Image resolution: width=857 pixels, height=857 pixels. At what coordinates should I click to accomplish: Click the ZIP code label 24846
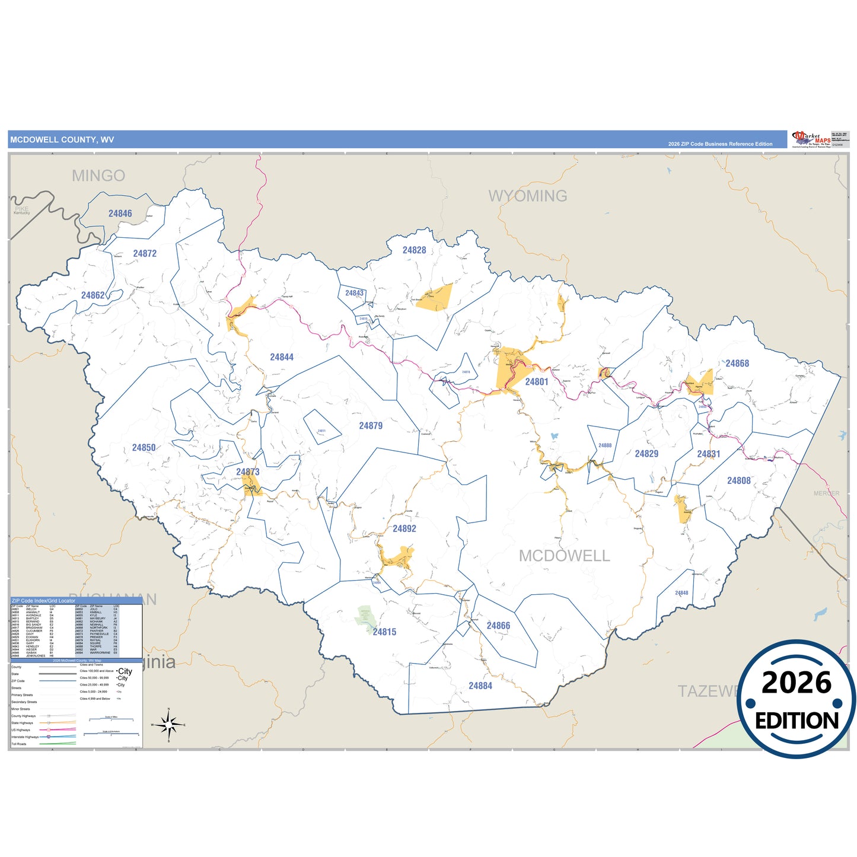(120, 214)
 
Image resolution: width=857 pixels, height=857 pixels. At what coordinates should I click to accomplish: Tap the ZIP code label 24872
(145, 254)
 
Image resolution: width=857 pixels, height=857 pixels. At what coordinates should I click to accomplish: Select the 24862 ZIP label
(93, 295)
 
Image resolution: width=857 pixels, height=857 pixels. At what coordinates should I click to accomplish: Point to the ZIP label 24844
(282, 357)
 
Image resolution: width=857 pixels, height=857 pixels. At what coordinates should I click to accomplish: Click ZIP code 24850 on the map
(144, 448)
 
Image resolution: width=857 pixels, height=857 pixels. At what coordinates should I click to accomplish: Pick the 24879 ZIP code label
(371, 426)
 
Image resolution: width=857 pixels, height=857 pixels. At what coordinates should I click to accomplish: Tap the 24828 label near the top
(414, 250)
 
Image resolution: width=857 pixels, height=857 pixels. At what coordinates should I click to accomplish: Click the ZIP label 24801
(537, 382)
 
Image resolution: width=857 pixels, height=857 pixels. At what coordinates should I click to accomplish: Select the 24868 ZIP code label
(737, 364)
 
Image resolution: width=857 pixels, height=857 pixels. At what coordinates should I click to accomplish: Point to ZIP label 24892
(404, 528)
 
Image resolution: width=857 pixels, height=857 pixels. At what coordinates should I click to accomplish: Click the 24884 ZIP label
(480, 686)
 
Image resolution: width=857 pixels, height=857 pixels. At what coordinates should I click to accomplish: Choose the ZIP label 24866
(498, 626)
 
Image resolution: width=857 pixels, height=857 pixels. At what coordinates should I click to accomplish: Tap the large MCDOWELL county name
(564, 556)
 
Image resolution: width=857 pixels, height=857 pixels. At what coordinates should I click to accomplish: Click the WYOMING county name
(528, 196)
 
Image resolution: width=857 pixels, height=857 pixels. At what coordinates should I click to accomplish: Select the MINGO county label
(98, 176)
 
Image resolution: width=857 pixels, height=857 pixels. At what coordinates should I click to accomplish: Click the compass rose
(169, 725)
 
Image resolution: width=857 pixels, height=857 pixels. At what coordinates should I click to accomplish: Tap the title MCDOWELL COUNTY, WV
(62, 140)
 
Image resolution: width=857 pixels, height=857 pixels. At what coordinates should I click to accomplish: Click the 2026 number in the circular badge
(797, 683)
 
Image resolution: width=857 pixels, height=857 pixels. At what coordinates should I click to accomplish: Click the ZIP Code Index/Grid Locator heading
(43, 601)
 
